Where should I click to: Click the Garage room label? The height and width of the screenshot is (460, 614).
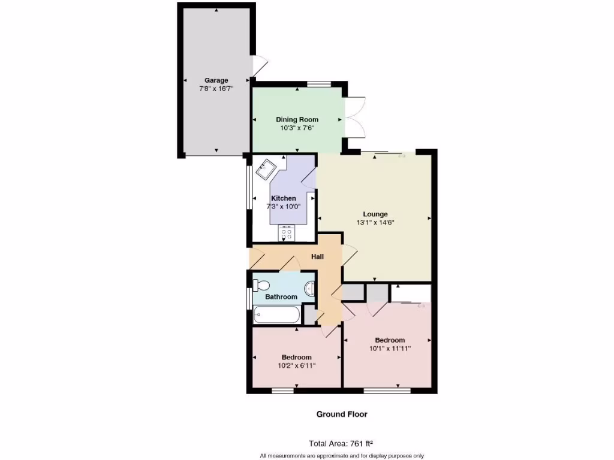216,80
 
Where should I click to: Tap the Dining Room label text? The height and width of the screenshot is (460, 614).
297,120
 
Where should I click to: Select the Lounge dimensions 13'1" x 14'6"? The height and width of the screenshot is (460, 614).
375,222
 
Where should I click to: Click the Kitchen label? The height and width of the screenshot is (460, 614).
283,198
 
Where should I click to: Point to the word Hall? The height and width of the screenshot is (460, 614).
317,257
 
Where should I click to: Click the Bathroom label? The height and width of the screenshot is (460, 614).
281,297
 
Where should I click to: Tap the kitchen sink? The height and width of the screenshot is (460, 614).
264,170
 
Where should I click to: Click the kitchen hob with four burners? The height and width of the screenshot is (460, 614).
287,233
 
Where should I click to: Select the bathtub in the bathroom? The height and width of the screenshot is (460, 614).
276,314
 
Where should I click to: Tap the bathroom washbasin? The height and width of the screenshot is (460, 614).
310,289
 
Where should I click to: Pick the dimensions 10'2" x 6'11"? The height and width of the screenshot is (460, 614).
296,365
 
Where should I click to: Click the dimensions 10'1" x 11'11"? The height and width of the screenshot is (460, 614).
390,349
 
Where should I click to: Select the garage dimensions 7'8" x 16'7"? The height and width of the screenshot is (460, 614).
216,89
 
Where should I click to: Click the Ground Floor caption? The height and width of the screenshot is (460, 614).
342,414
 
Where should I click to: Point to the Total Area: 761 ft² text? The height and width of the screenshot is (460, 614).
341,444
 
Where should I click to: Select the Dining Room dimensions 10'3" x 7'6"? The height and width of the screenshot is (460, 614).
297,128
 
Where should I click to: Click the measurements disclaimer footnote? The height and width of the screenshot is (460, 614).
342,456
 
